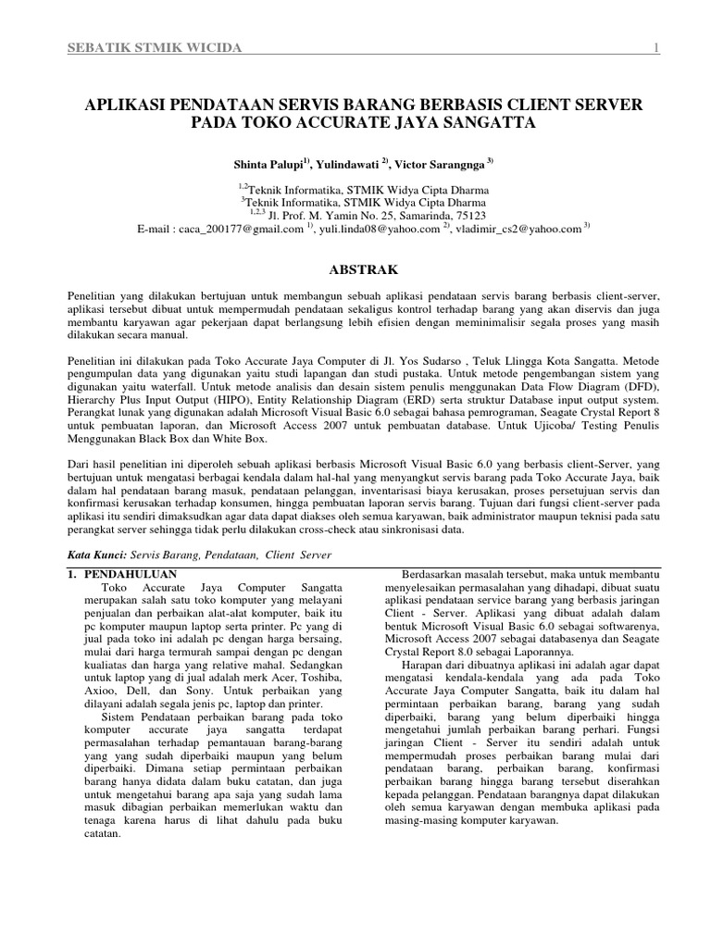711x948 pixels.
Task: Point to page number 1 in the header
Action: pos(655,49)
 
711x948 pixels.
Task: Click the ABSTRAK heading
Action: pos(365,269)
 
